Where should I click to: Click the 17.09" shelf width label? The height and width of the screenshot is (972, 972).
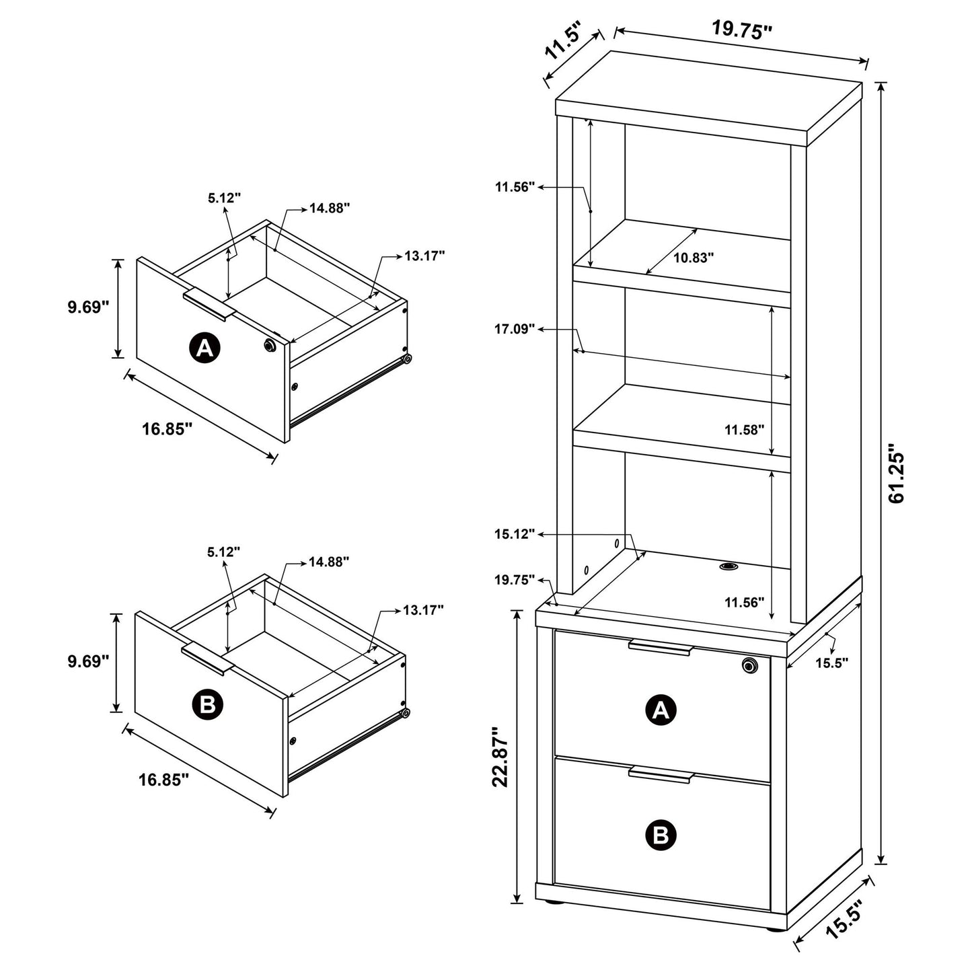pos(515,328)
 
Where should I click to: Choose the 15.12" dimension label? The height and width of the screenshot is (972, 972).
pos(515,533)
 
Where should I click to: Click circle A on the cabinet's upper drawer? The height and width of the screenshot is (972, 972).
pos(661,710)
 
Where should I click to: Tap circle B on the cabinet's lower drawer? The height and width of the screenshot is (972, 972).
pos(661,835)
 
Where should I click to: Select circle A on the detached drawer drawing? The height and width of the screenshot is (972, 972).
pos(204,347)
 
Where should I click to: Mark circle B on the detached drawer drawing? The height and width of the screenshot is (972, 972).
pos(207,705)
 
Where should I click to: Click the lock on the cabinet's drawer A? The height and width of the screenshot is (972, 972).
pos(749,665)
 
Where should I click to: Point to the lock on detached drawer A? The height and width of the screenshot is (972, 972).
pos(270,345)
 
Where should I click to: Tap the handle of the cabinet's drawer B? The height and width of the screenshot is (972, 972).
pos(661,776)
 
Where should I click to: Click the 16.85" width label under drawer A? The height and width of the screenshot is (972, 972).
pos(167,428)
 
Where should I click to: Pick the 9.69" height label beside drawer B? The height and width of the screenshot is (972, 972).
pos(88,661)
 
